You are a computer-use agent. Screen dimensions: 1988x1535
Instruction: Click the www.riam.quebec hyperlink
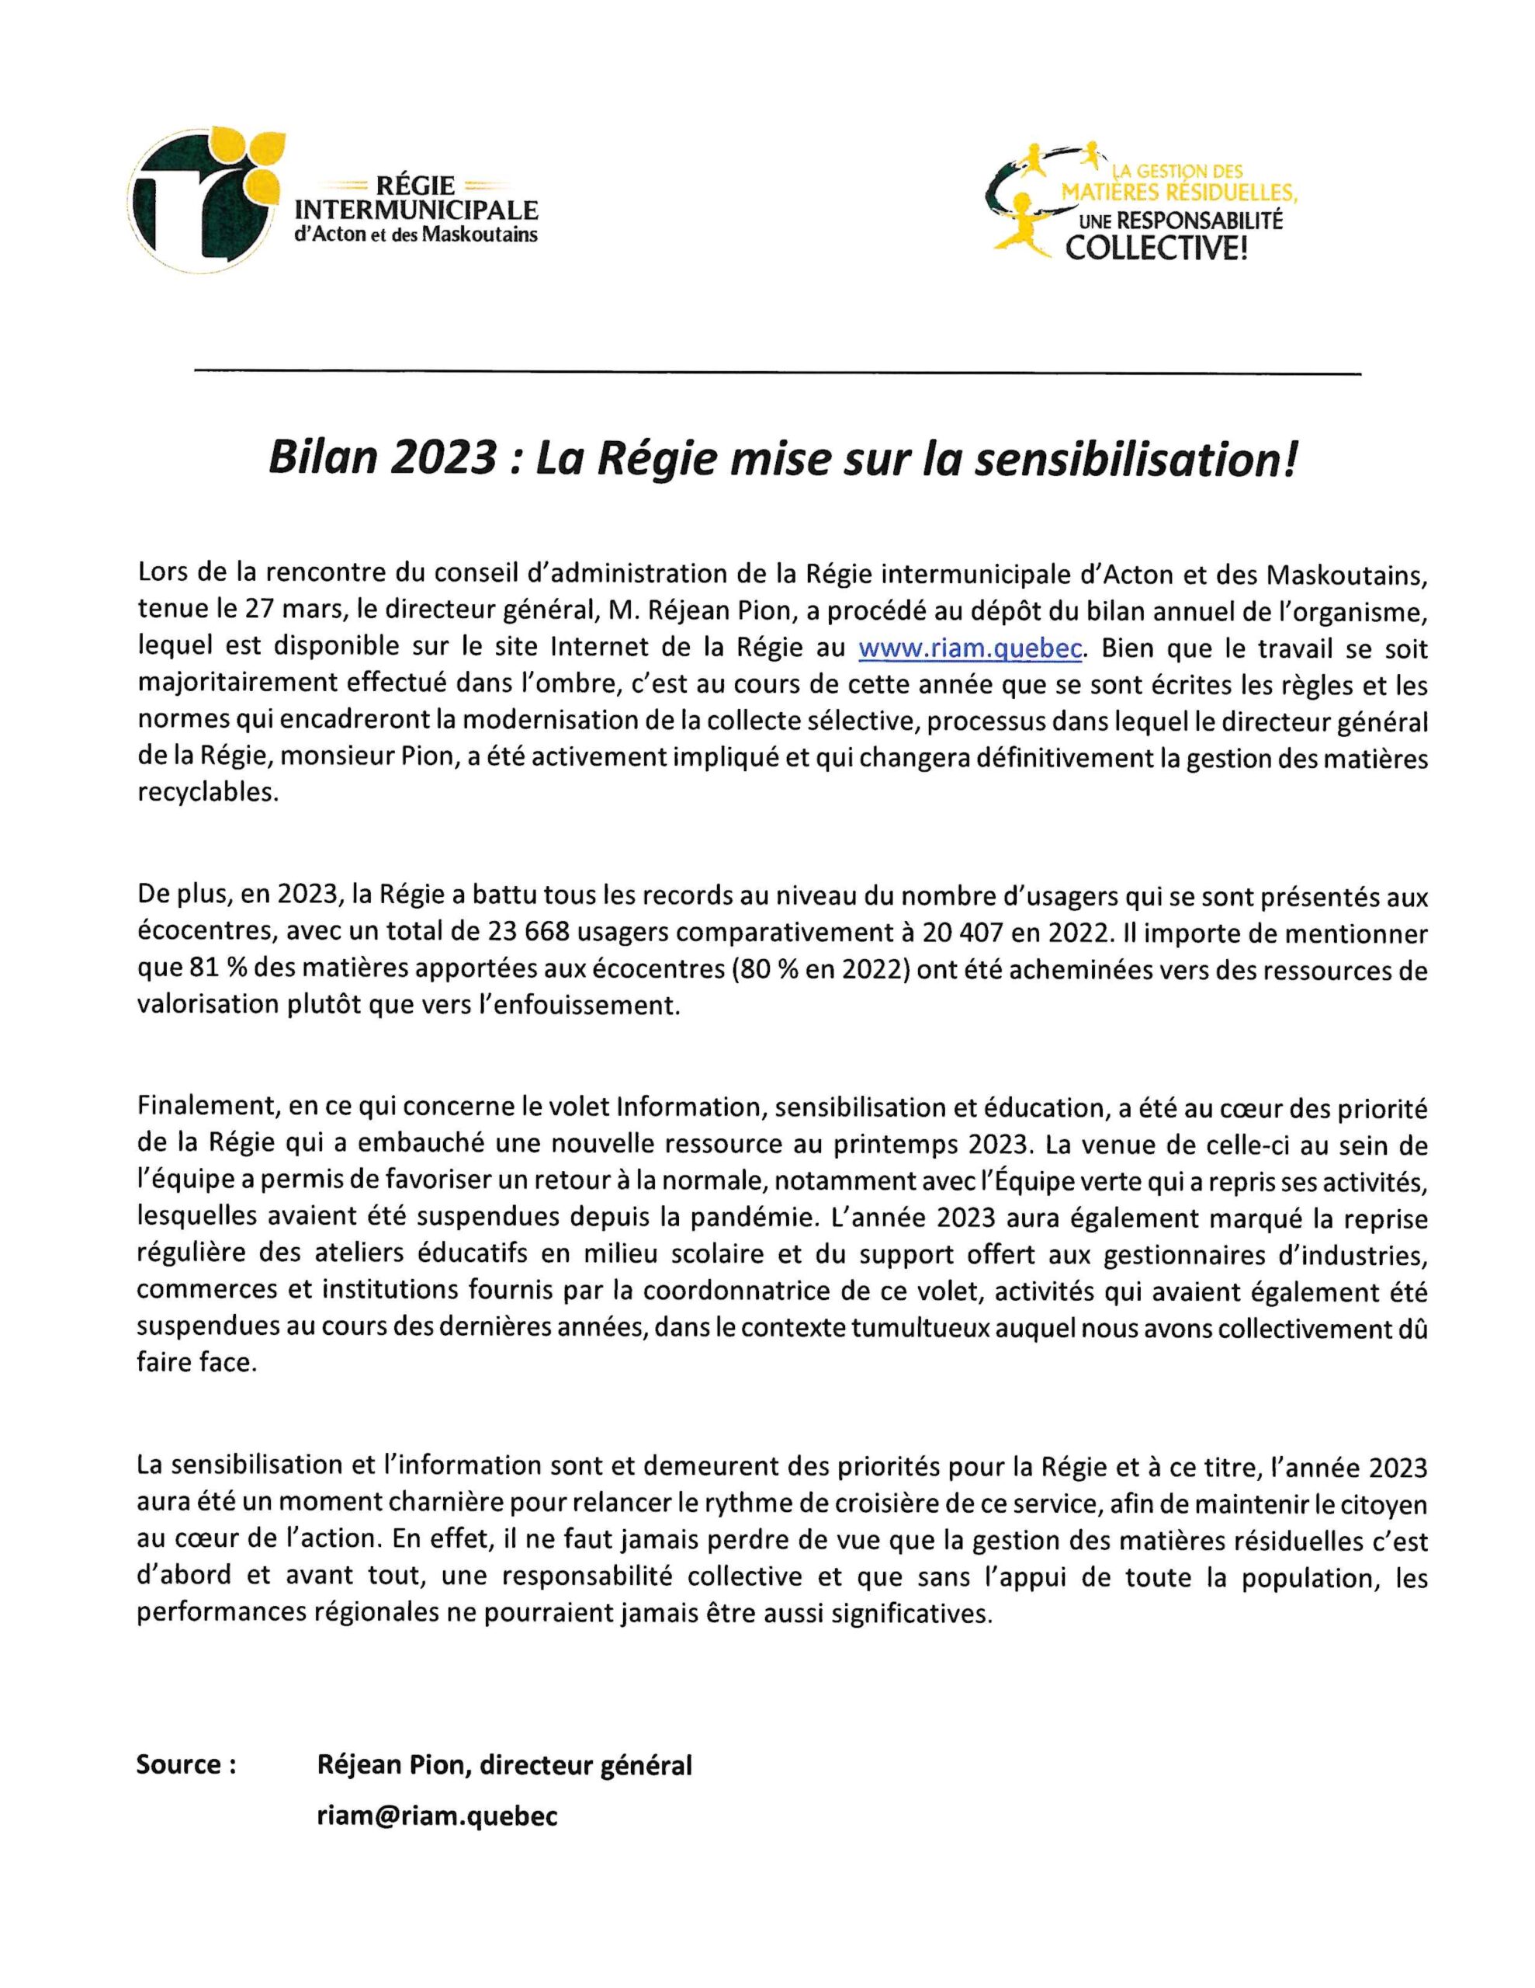pos(970,648)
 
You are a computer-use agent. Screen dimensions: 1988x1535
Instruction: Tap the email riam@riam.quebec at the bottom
pos(437,1817)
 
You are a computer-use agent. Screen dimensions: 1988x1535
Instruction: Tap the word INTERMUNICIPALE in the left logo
pos(417,211)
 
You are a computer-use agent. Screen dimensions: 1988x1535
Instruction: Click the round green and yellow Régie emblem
pos(206,200)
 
